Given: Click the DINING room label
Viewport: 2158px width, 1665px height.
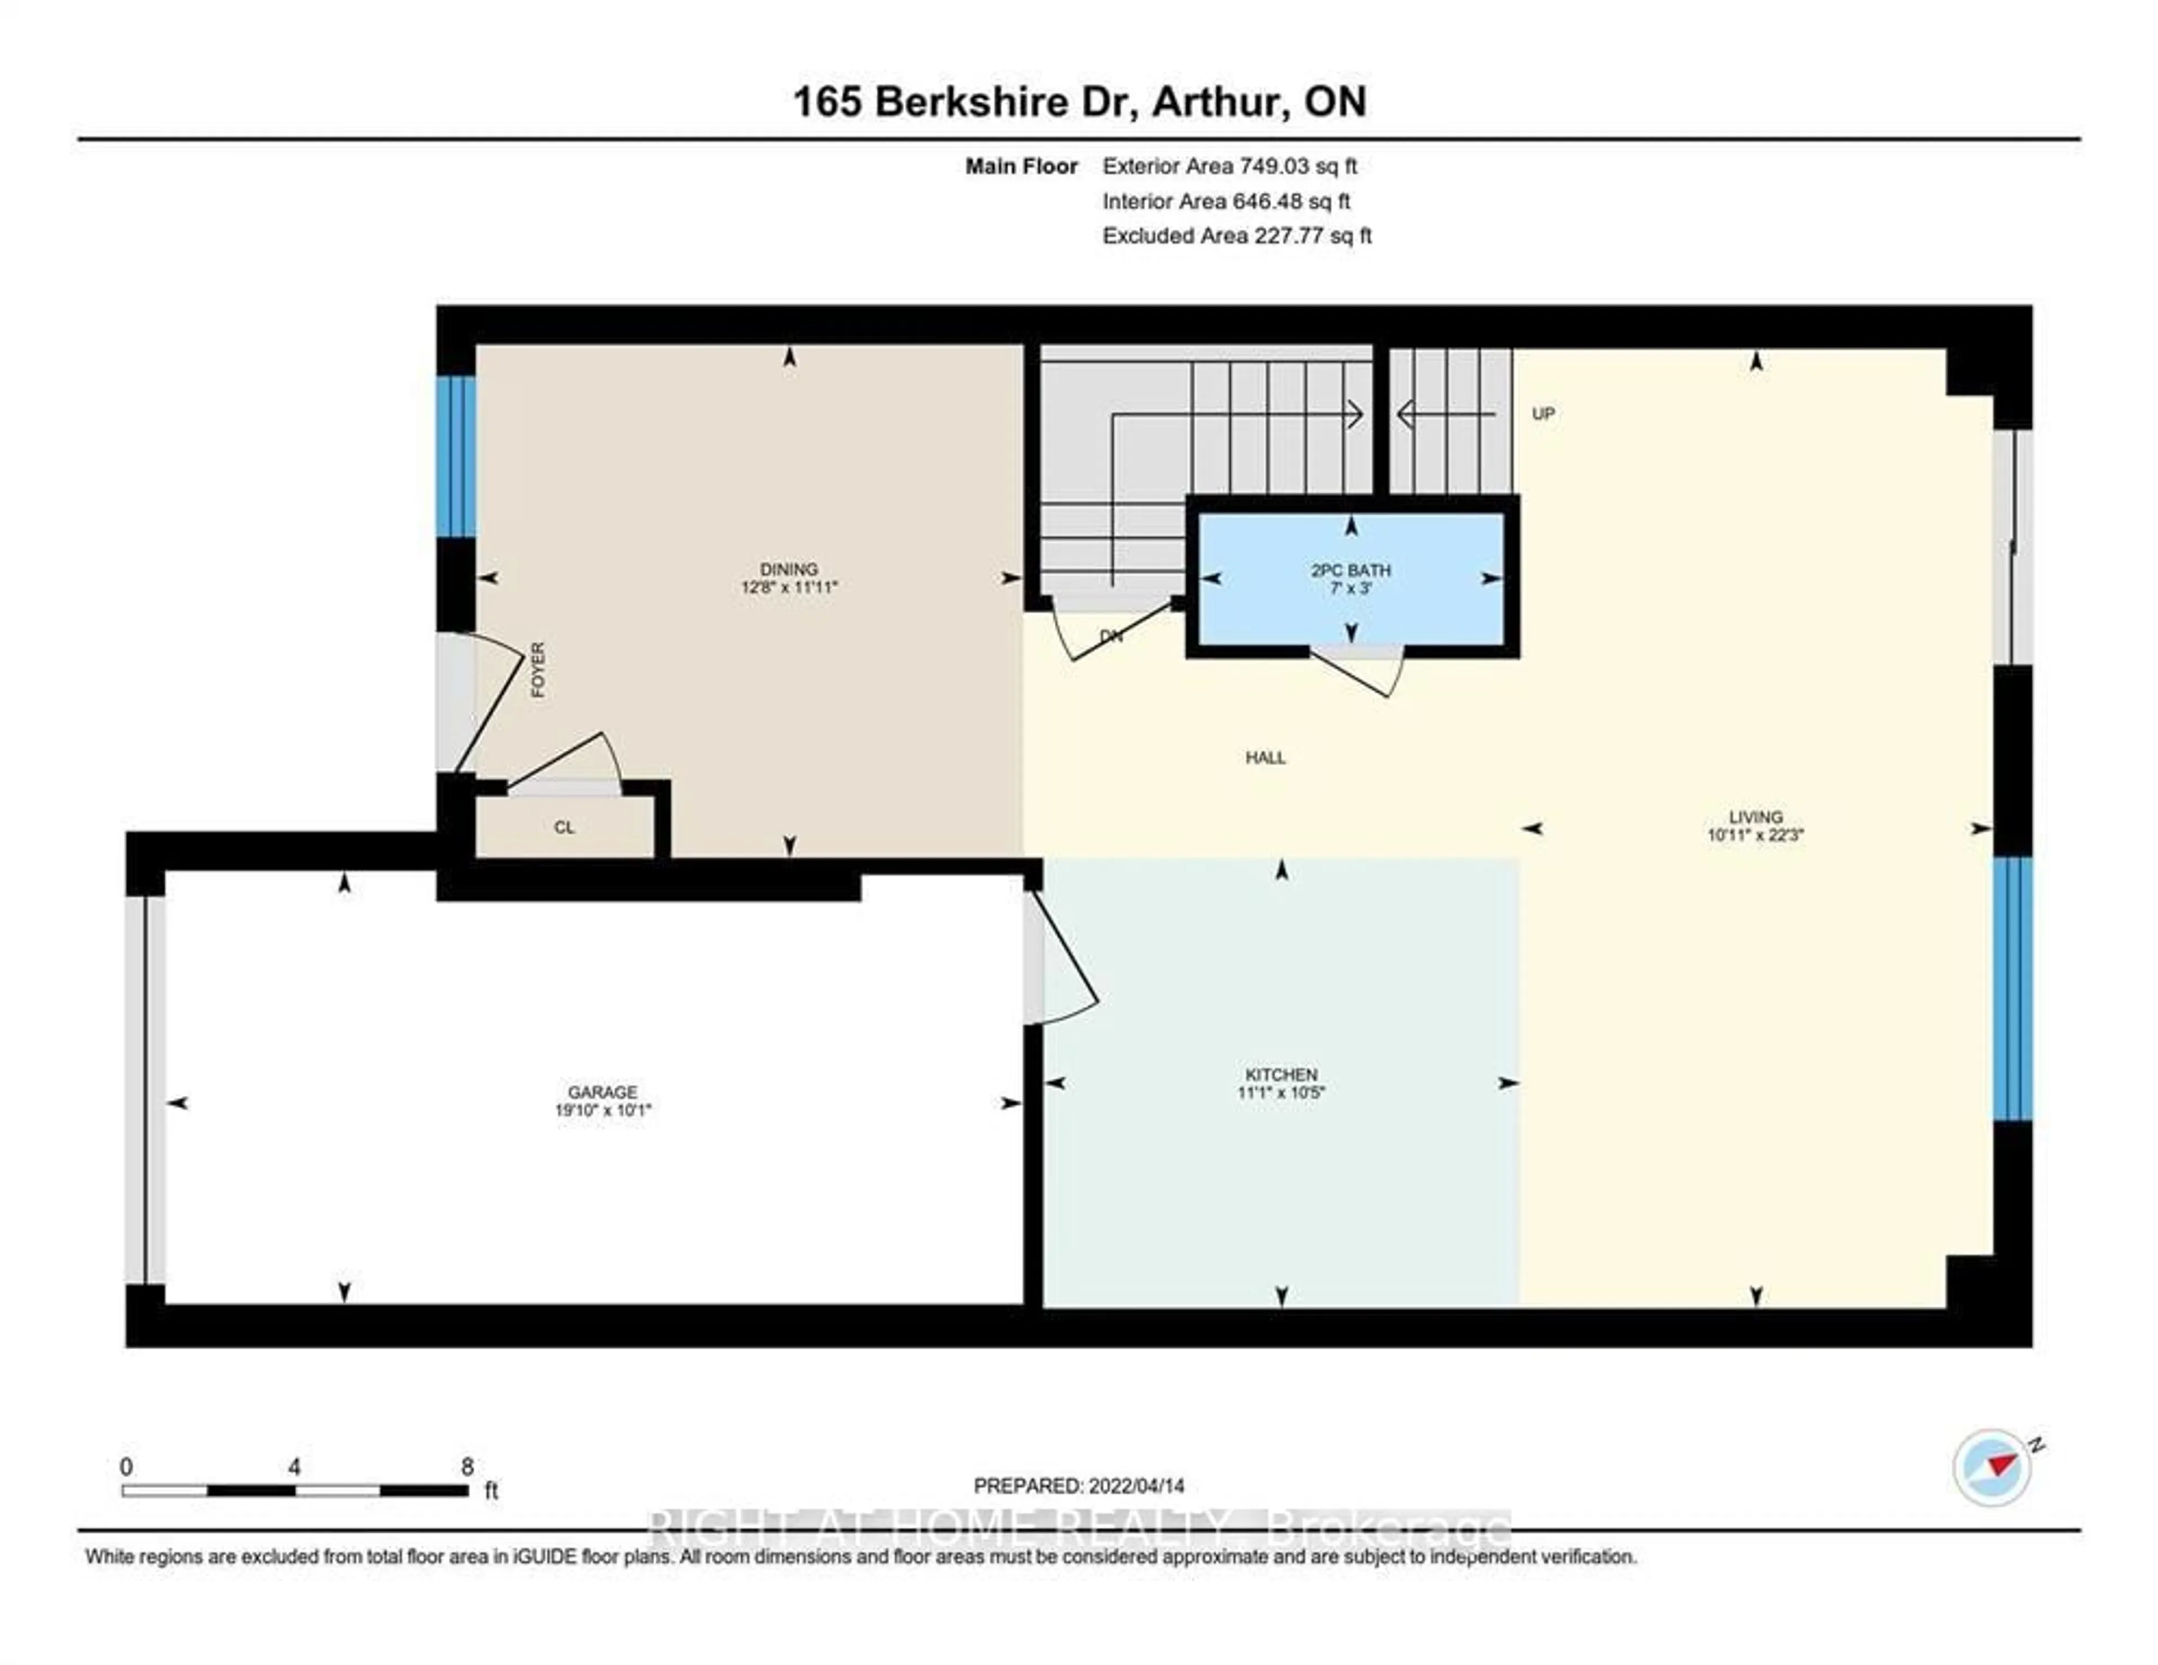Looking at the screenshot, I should tap(788, 569).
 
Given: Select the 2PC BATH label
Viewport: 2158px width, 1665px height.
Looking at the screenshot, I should tap(1351, 570).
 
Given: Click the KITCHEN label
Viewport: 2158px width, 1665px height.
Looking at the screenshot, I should tap(1281, 1074).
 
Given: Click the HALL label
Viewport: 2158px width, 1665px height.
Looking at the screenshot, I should tap(1266, 758).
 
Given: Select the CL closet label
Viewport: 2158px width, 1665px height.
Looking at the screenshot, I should tap(564, 827).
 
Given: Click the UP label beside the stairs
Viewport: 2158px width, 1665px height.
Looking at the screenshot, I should tap(1543, 414).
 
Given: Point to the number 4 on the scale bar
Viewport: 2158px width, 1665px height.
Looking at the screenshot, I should tap(294, 1467).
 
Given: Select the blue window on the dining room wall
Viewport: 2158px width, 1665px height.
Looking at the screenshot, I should tap(456, 456).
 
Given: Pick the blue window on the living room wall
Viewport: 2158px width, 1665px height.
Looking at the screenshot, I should tap(2012, 988).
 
